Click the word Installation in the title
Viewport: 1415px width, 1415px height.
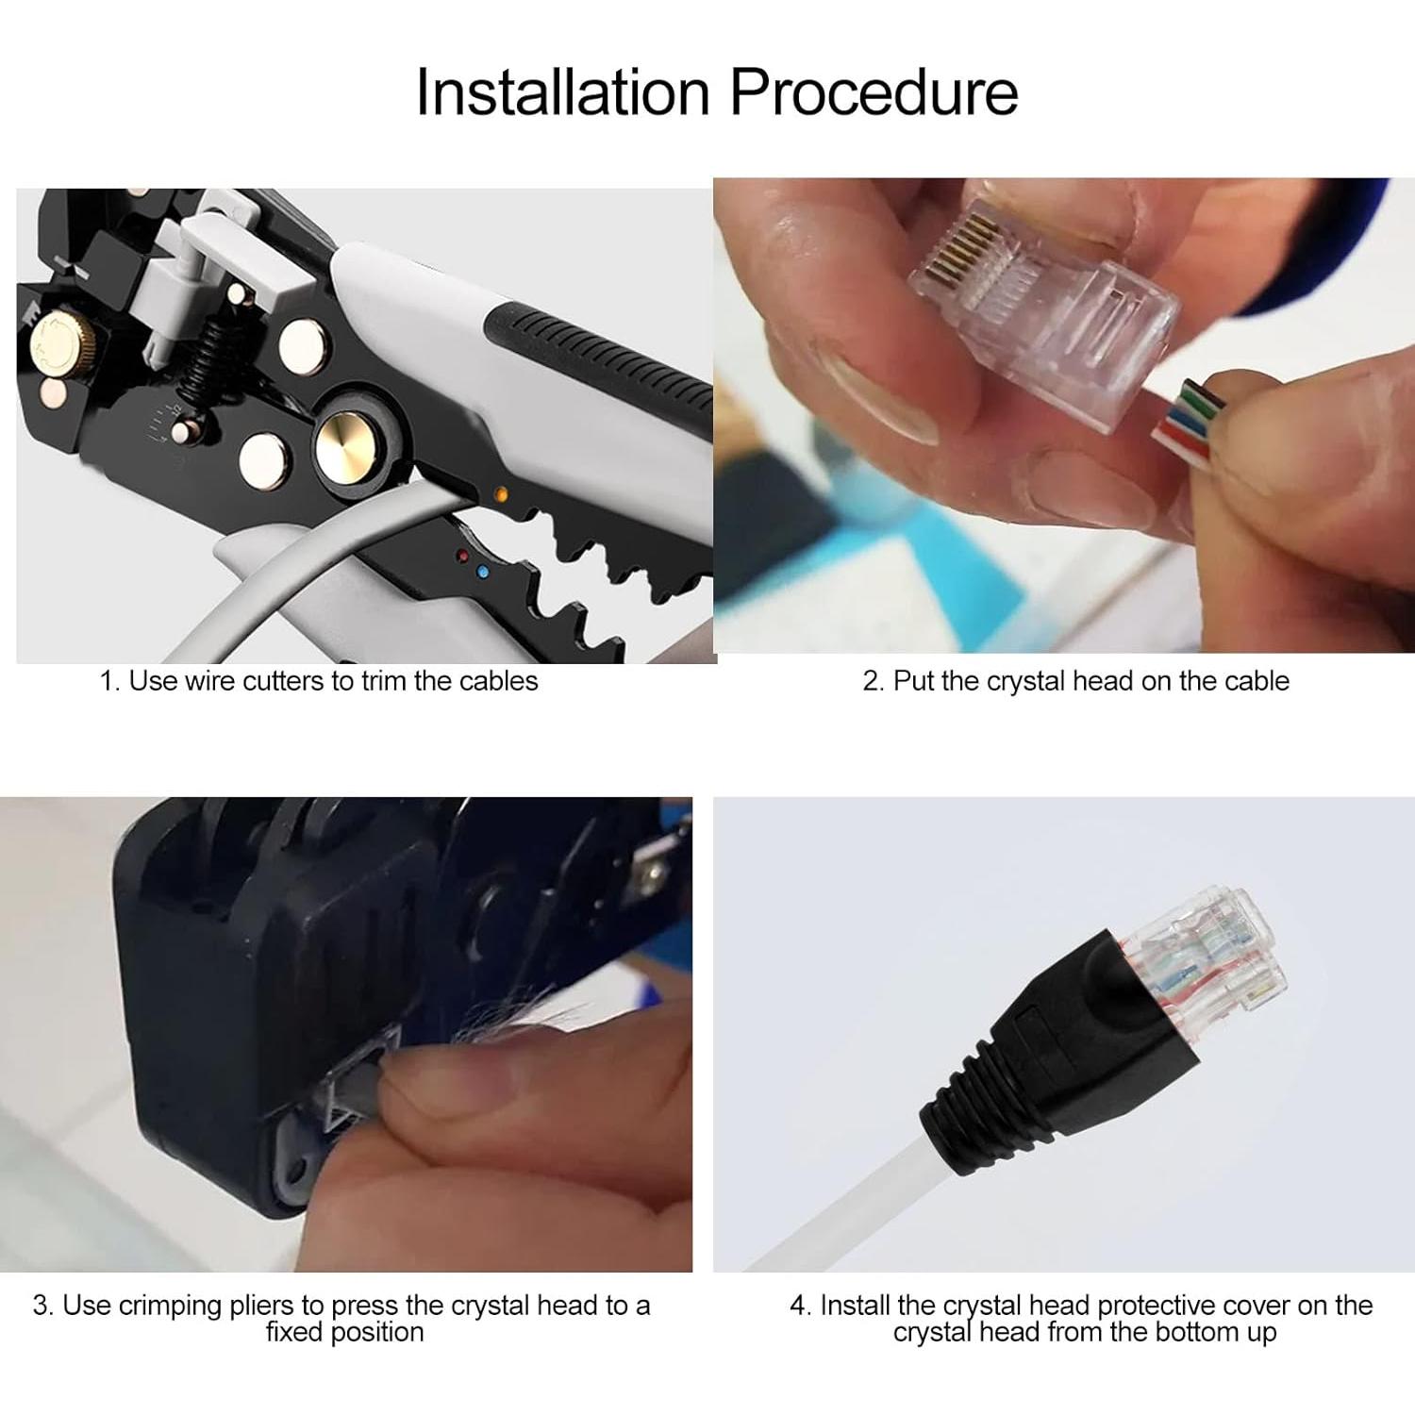[564, 92]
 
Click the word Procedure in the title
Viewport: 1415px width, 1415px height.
[874, 92]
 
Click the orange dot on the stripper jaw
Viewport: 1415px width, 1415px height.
[501, 493]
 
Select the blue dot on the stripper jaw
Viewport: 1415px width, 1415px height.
[483, 572]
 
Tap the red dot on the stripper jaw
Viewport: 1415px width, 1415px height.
[462, 557]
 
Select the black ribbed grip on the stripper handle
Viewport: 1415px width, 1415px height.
[604, 358]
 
